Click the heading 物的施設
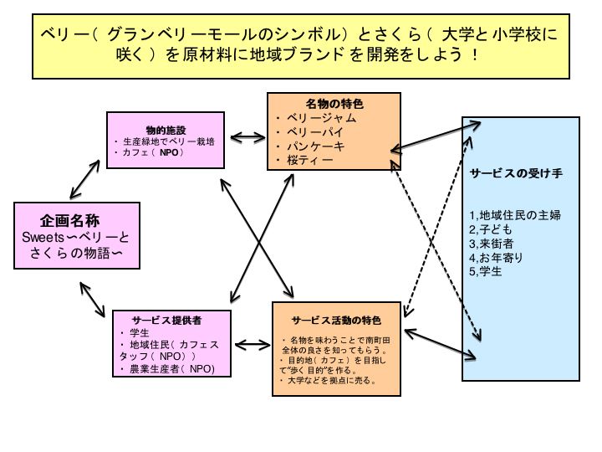click(x=166, y=130)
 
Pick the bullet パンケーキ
click(x=316, y=146)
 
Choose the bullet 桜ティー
click(x=310, y=160)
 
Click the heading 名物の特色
click(x=329, y=104)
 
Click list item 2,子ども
click(x=491, y=229)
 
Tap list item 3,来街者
click(x=491, y=244)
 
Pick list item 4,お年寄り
click(x=497, y=258)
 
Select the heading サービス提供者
click(x=166, y=320)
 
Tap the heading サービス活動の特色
click(x=336, y=321)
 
